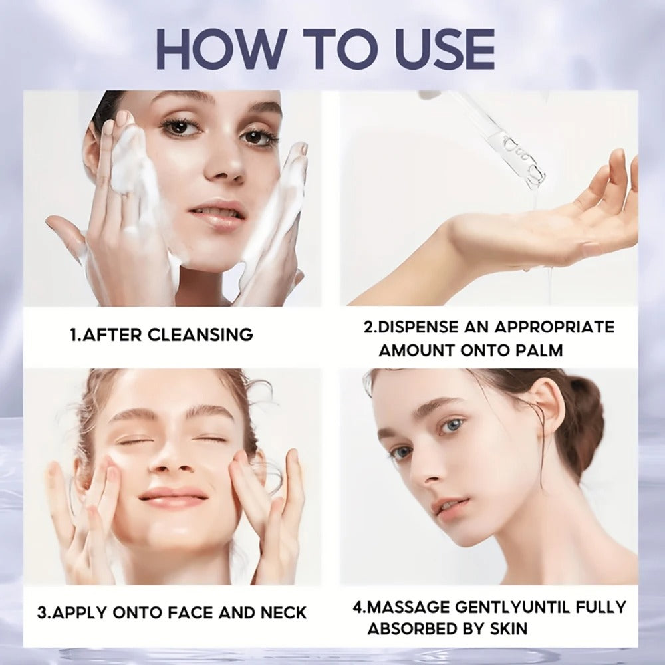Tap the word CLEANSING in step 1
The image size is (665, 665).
[x=200, y=334]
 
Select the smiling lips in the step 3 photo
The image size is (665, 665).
[x=174, y=496]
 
